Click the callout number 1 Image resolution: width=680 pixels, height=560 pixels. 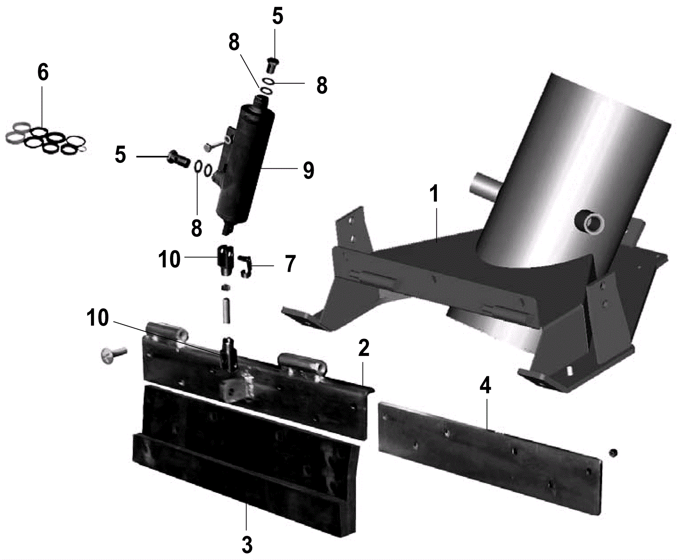pyautogui.click(x=434, y=193)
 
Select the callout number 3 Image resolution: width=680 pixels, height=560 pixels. pyautogui.click(x=247, y=545)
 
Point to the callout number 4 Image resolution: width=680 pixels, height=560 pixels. pyautogui.click(x=486, y=385)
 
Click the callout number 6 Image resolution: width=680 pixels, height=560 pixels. pyautogui.click(x=43, y=72)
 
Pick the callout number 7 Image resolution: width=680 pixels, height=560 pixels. pyautogui.click(x=290, y=264)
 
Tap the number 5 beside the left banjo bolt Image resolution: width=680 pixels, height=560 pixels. pyautogui.click(x=120, y=154)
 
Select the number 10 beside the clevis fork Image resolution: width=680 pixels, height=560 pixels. pyautogui.click(x=169, y=259)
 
